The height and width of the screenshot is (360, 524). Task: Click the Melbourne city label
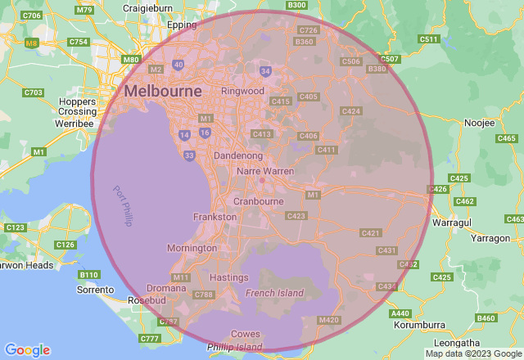click(x=163, y=92)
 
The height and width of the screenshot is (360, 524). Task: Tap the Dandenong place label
click(x=237, y=155)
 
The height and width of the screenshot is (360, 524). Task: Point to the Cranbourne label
click(x=258, y=201)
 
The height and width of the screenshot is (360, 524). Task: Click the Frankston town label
click(x=215, y=217)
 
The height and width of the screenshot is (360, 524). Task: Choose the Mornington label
click(x=192, y=248)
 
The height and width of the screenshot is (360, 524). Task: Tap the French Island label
click(x=274, y=292)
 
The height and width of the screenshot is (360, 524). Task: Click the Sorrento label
click(x=95, y=290)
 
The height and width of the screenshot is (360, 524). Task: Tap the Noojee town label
click(x=479, y=123)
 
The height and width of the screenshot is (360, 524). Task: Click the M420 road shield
click(x=328, y=320)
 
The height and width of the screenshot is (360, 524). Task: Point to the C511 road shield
click(x=428, y=38)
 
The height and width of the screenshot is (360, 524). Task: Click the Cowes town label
click(x=246, y=334)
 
